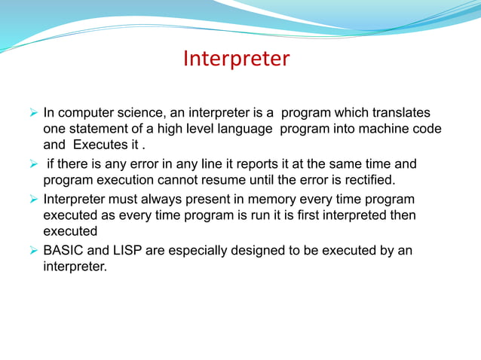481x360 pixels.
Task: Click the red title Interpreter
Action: click(236, 59)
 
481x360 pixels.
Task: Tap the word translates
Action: click(406, 114)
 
